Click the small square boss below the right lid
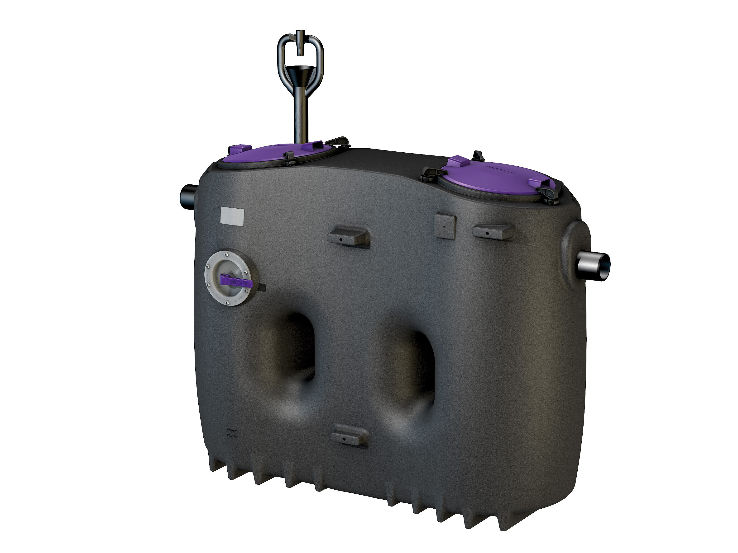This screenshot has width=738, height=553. pyautogui.click(x=445, y=226)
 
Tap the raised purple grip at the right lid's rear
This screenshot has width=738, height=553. pyautogui.click(x=457, y=162)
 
